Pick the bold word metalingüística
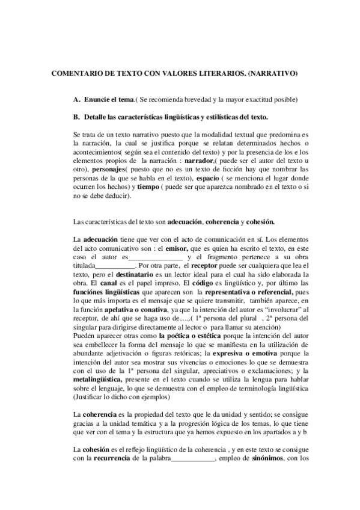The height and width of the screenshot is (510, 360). [x=97, y=380]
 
